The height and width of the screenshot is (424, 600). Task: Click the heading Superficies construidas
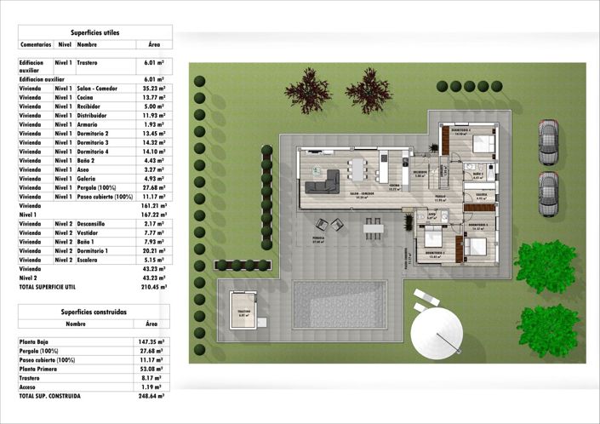tap(94, 312)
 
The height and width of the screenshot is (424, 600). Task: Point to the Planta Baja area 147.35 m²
tap(151, 341)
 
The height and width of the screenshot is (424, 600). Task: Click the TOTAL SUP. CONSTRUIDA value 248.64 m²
tap(151, 396)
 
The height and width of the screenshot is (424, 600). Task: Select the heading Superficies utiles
tap(94, 32)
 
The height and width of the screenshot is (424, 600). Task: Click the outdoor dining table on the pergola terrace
tap(373, 226)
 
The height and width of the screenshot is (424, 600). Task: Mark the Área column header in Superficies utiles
tap(153, 43)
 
